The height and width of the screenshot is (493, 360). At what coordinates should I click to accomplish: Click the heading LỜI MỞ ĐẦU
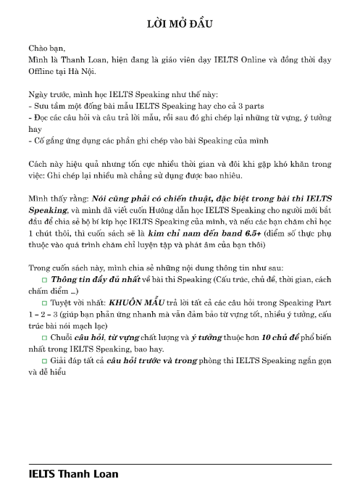click(179, 26)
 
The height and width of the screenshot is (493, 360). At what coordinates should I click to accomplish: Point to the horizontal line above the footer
click(180, 463)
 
